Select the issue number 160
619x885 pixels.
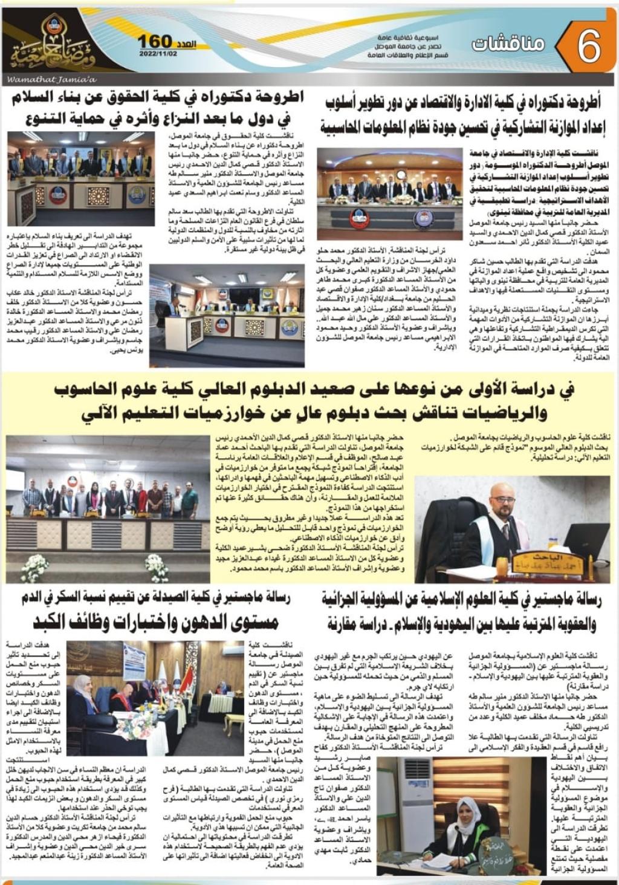click(155, 41)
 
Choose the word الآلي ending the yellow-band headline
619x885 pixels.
click(86, 414)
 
